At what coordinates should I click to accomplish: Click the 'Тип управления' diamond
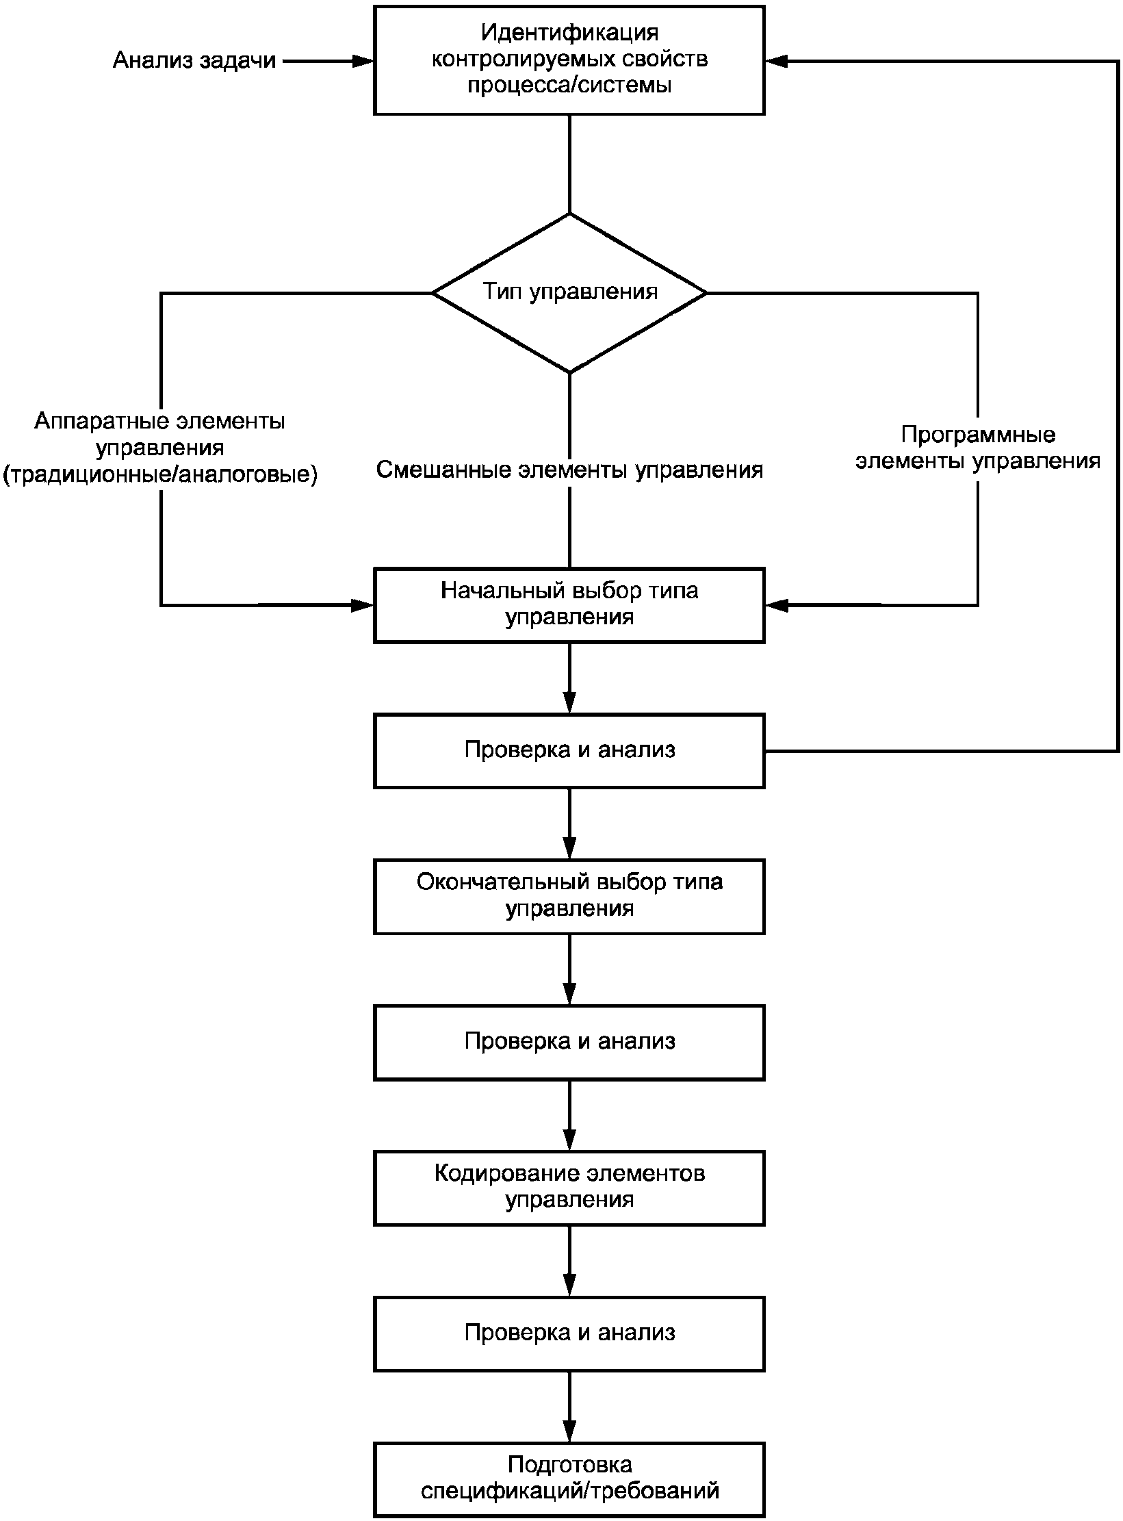(569, 293)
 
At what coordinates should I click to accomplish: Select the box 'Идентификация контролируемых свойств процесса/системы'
(569, 60)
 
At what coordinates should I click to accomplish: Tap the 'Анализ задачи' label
(194, 60)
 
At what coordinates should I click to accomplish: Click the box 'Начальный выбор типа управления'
(569, 605)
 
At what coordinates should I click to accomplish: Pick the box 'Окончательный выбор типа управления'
(569, 897)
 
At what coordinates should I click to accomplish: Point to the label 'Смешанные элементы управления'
(569, 470)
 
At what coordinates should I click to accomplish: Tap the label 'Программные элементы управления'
(978, 448)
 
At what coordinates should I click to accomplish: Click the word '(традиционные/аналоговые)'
(161, 474)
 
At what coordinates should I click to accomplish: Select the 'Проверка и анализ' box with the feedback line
(569, 751)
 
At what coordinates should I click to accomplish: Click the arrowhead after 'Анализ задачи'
(363, 61)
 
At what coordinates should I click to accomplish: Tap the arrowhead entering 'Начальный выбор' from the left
(363, 605)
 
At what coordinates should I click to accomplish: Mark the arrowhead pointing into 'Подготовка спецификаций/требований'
(569, 1431)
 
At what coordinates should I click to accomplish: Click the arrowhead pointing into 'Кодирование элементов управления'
(569, 1140)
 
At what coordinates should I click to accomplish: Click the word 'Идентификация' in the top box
(569, 32)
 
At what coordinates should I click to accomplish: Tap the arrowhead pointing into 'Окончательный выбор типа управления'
(569, 848)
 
